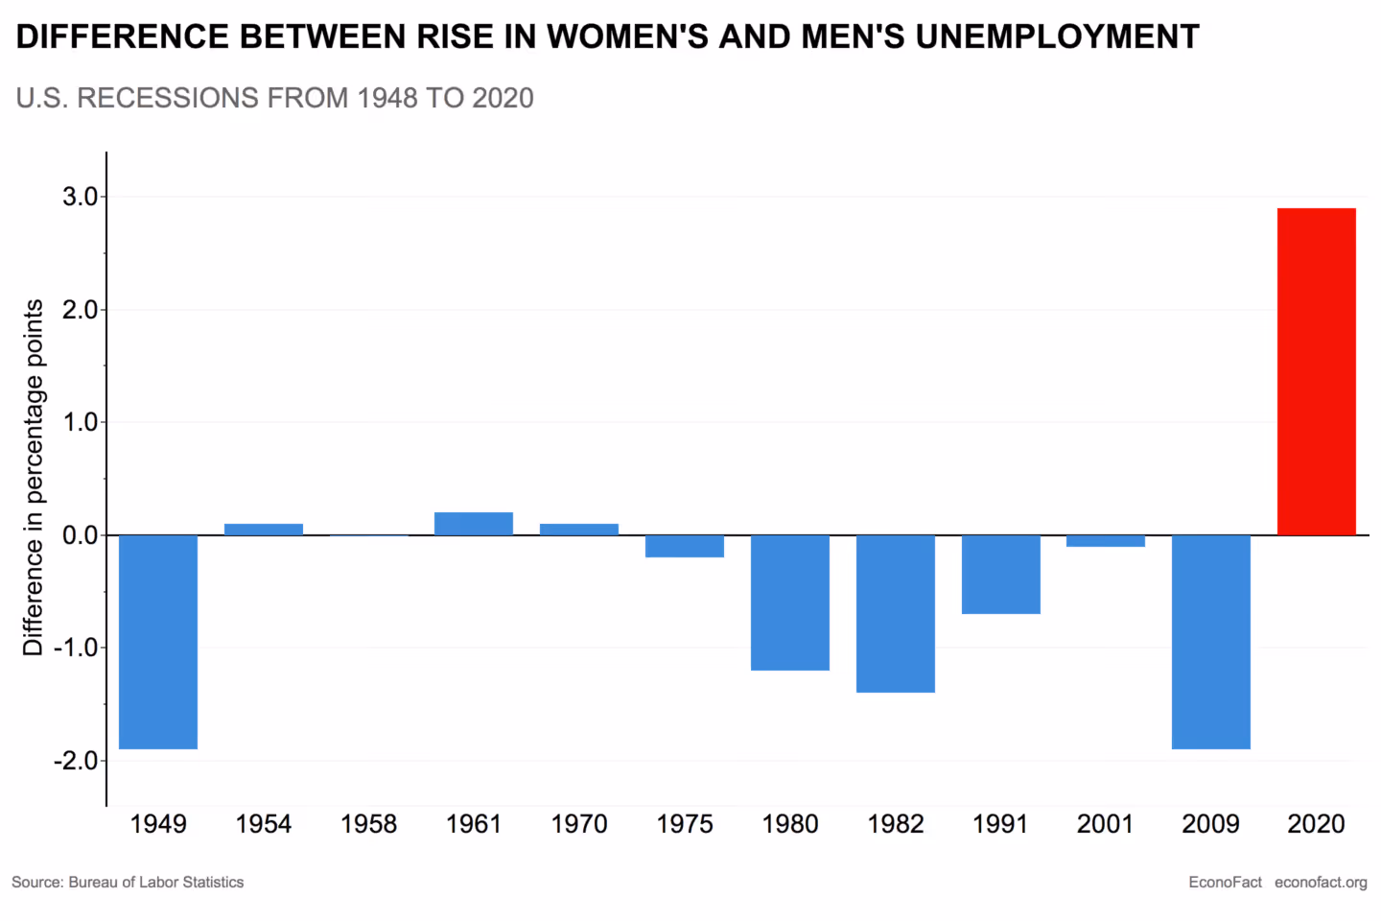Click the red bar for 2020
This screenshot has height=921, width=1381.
1316,371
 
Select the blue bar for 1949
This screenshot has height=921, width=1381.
158,641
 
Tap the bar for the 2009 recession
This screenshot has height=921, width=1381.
1210,641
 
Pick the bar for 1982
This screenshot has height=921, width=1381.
895,613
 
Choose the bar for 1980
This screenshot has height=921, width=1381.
789,602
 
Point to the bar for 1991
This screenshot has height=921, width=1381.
1000,574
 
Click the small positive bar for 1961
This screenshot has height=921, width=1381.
474,524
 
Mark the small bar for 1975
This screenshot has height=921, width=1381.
684,546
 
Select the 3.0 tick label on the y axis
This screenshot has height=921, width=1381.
80,197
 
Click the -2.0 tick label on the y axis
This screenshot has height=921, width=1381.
76,761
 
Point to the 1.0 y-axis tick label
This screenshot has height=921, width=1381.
80,422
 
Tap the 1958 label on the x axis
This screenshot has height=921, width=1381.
368,824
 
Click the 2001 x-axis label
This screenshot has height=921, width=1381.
1105,824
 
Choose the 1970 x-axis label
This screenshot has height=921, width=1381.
579,824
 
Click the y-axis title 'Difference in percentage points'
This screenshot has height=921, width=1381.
34,477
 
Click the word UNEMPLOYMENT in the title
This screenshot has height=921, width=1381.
1057,36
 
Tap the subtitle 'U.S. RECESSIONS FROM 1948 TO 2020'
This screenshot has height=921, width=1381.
274,98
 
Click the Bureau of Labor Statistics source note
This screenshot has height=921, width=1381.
128,883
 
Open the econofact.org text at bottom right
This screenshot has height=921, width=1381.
1321,883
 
